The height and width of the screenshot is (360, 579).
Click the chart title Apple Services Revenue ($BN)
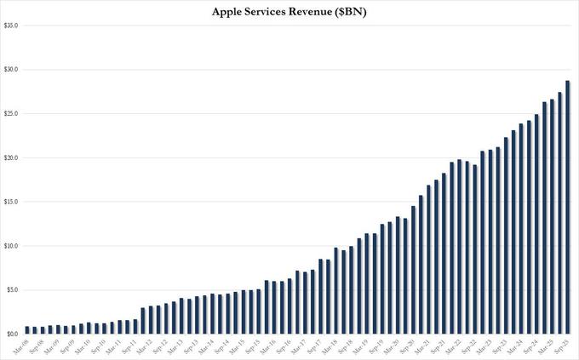click(x=289, y=11)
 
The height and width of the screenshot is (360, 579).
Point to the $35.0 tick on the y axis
click(x=11, y=26)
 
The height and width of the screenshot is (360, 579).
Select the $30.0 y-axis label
click(x=11, y=70)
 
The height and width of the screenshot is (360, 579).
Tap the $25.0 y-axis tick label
click(x=11, y=114)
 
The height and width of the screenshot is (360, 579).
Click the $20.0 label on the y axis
click(x=11, y=158)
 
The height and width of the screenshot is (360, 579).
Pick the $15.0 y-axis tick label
click(x=11, y=202)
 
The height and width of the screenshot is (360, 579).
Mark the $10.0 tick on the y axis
click(x=11, y=246)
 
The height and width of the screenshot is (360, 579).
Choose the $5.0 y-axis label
click(x=11, y=290)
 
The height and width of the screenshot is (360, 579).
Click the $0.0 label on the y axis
click(x=11, y=334)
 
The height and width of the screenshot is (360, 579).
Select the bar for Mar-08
click(x=27, y=330)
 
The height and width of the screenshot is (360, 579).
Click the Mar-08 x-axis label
click(x=24, y=346)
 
